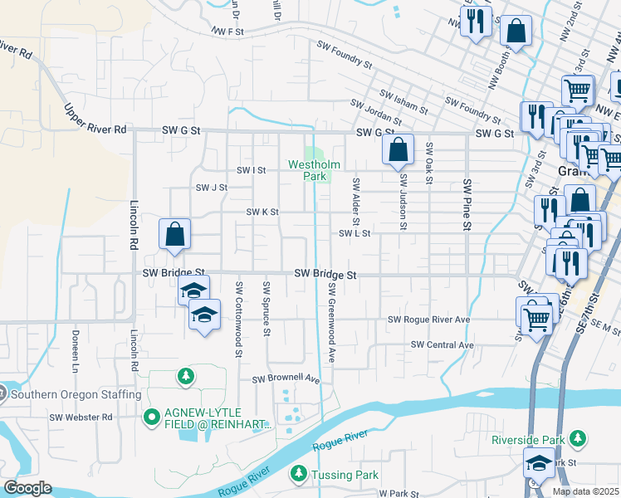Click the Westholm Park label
coord(309,164)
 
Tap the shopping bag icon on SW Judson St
coord(399,149)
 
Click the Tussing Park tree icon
coord(298,475)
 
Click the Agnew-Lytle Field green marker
coord(151,417)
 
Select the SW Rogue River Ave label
coord(429,320)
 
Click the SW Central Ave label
coord(442,344)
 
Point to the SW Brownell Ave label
coord(286,378)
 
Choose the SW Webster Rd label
coord(81,417)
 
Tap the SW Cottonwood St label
coord(238,320)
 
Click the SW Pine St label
coord(467,204)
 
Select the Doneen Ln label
coord(76,359)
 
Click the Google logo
coord(27,488)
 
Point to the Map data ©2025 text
coord(584,491)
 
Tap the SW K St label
coord(262,212)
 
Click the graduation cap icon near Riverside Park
coord(539,462)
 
